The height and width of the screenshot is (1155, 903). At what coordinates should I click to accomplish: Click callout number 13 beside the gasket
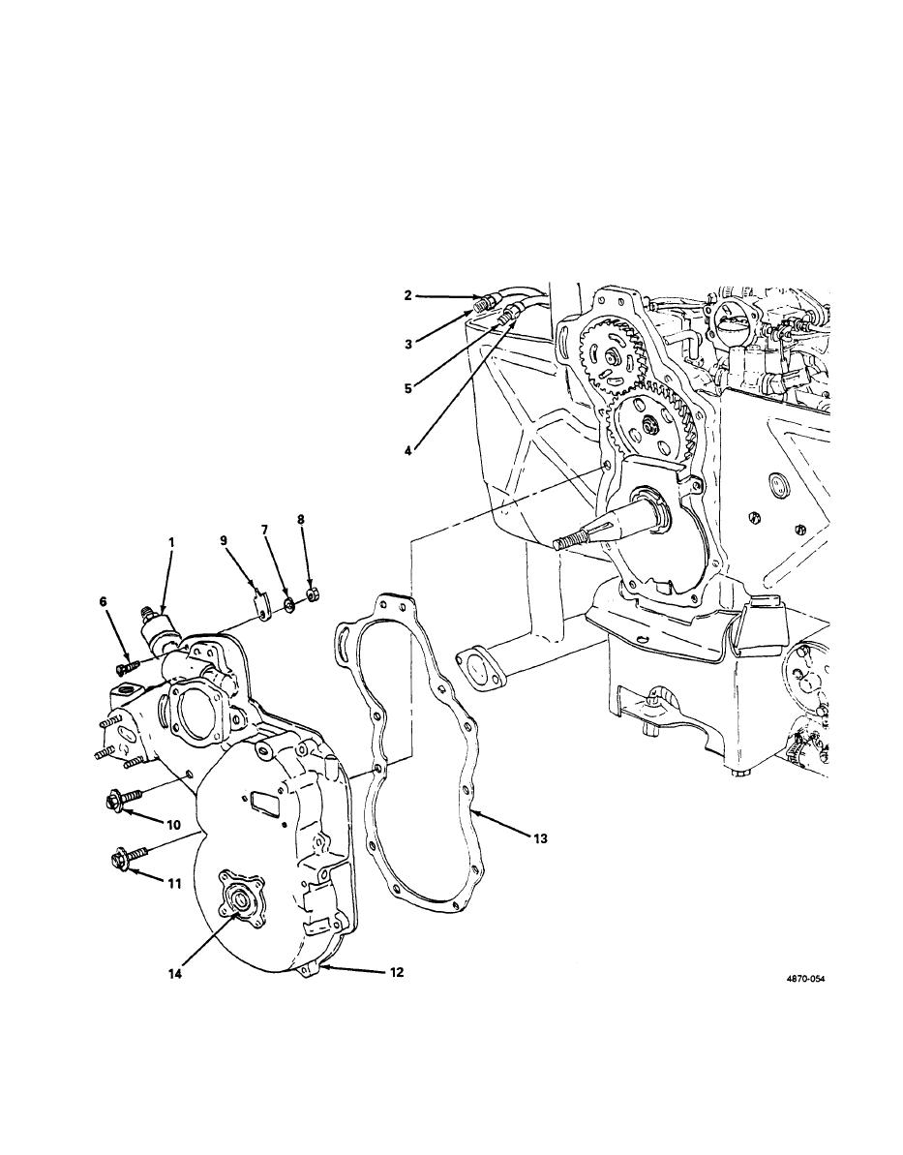(541, 838)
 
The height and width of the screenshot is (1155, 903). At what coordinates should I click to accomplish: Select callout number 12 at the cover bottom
(396, 972)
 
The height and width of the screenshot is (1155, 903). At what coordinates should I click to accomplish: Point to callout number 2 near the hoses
(407, 296)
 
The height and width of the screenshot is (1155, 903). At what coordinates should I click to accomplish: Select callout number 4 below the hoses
(407, 447)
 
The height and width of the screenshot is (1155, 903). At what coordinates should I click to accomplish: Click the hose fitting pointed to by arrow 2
(485, 302)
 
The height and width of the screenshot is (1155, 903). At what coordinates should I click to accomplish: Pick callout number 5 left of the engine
(407, 388)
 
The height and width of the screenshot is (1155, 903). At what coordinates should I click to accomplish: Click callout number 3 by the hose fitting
(407, 344)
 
